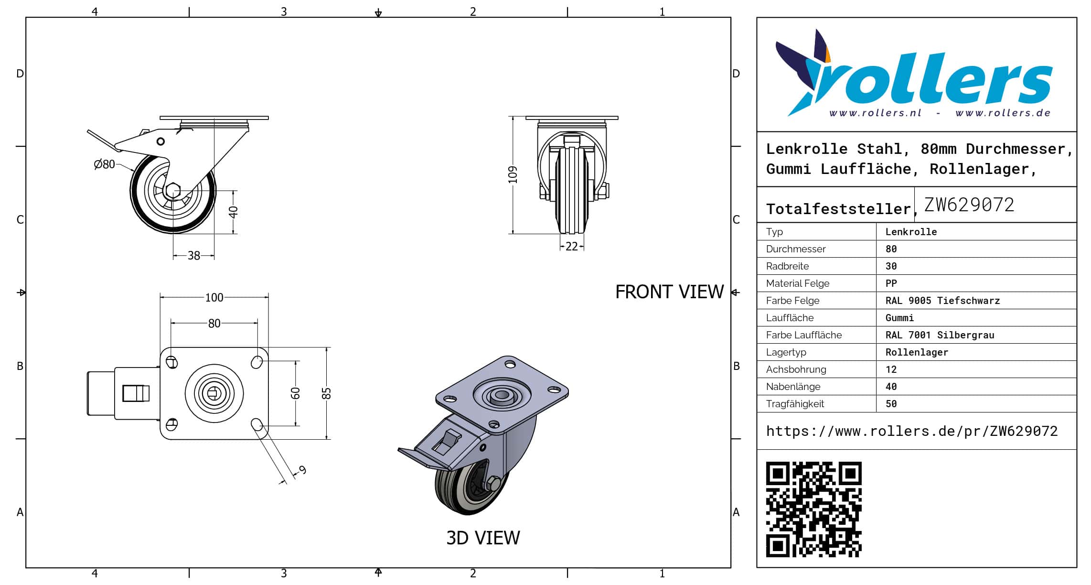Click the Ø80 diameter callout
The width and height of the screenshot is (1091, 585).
pyautogui.click(x=105, y=164)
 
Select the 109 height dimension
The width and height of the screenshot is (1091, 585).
pyautogui.click(x=513, y=174)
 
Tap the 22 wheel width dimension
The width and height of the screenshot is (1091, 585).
pyautogui.click(x=571, y=247)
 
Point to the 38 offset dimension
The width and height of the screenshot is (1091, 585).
pyautogui.click(x=193, y=256)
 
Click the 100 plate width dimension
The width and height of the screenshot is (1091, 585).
pyautogui.click(x=214, y=298)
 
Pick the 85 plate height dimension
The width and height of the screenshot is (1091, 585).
pyautogui.click(x=326, y=393)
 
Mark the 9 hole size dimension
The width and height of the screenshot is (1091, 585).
pyautogui.click(x=302, y=470)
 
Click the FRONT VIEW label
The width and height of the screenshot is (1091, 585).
pyautogui.click(x=669, y=292)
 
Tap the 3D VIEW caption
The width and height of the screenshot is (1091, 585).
pyautogui.click(x=483, y=538)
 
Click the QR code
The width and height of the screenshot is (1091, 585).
pyautogui.click(x=813, y=509)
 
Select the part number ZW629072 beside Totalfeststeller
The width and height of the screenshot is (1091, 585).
pyautogui.click(x=969, y=205)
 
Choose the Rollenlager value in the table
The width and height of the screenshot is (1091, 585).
pyautogui.click(x=916, y=352)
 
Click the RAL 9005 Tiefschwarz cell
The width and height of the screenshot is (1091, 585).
pyautogui.click(x=942, y=301)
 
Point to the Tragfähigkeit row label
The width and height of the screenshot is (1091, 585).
pyautogui.click(x=795, y=404)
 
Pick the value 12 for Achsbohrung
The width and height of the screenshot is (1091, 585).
pyautogui.click(x=891, y=369)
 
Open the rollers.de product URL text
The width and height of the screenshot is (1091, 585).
pyautogui.click(x=911, y=431)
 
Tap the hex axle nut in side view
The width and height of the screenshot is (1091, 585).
pyautogui.click(x=172, y=190)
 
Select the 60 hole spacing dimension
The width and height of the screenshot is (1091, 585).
pyautogui.click(x=296, y=393)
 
